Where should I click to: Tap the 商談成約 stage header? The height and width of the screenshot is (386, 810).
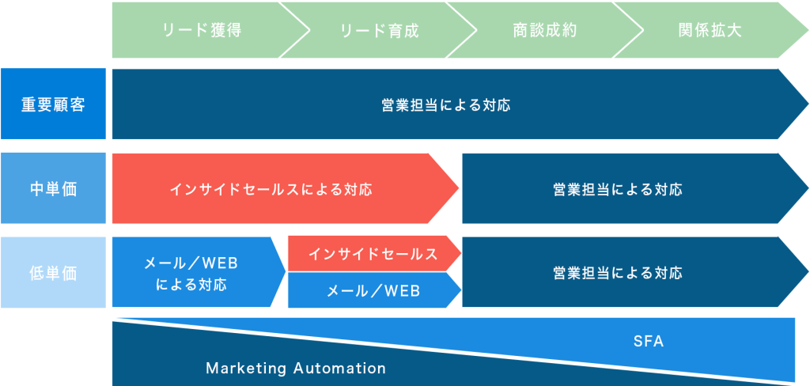(x=545, y=30)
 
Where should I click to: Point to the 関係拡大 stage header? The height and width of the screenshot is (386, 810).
(x=710, y=30)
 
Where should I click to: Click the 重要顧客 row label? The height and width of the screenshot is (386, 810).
(x=53, y=104)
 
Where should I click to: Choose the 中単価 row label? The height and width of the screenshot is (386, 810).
(x=53, y=188)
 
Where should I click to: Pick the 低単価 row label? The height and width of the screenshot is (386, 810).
(x=53, y=273)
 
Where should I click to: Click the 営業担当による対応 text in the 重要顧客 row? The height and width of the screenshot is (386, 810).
(x=446, y=105)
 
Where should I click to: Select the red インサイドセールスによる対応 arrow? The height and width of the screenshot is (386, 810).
(x=285, y=188)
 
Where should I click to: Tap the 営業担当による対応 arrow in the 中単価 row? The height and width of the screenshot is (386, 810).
(x=635, y=188)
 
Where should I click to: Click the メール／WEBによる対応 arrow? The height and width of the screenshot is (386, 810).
(x=199, y=272)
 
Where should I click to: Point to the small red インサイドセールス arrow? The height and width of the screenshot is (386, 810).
(x=374, y=254)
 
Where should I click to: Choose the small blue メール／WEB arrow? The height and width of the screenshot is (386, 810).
(x=374, y=290)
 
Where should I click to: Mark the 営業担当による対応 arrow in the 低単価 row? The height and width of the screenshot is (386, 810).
(x=635, y=272)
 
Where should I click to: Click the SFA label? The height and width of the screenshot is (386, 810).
(x=649, y=342)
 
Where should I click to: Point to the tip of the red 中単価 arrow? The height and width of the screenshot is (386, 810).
(x=459, y=188)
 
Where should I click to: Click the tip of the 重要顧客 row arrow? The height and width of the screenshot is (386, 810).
(x=808, y=104)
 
